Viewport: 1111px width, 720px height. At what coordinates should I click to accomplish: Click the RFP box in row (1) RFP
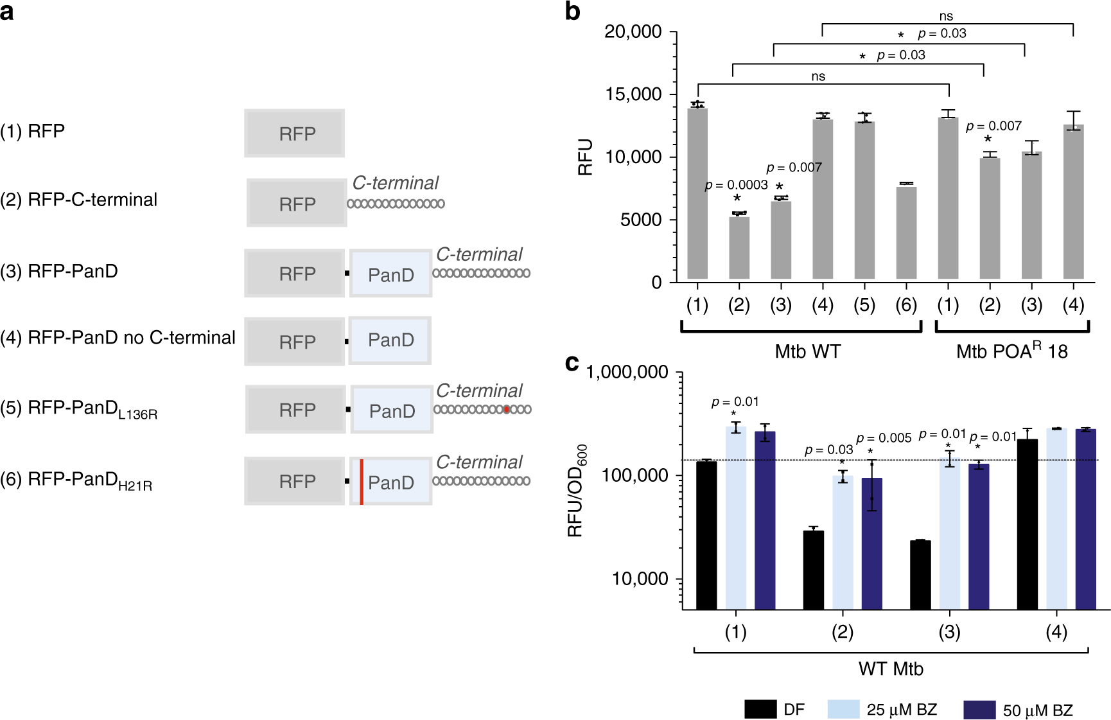294,134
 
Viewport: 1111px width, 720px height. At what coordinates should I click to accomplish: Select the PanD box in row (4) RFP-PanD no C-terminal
390,340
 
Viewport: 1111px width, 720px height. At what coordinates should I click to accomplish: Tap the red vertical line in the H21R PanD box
362,482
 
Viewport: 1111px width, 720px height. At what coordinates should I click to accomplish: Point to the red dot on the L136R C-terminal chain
507,409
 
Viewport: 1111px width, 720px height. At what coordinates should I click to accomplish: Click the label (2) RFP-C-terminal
79,200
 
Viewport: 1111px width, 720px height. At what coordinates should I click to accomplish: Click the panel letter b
572,12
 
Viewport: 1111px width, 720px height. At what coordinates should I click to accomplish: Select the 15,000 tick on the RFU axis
633,94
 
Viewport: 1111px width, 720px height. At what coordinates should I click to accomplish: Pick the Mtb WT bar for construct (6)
906,233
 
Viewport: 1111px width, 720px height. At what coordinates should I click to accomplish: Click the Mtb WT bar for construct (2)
739,248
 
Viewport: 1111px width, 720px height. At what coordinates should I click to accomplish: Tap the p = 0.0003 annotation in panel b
736,185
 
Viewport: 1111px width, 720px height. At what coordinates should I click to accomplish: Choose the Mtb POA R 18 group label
1011,351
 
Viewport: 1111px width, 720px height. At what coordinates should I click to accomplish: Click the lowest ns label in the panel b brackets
818,76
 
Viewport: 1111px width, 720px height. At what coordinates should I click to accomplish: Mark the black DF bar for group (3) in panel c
920,574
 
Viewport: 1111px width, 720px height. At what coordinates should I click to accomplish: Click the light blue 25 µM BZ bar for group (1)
736,517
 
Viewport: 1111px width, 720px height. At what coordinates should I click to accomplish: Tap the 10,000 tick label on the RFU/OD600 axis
640,579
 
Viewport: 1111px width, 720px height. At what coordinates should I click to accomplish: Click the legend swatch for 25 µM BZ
843,709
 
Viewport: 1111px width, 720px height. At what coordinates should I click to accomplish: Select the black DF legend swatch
760,709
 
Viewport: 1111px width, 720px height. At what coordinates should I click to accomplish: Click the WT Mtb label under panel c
891,669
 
